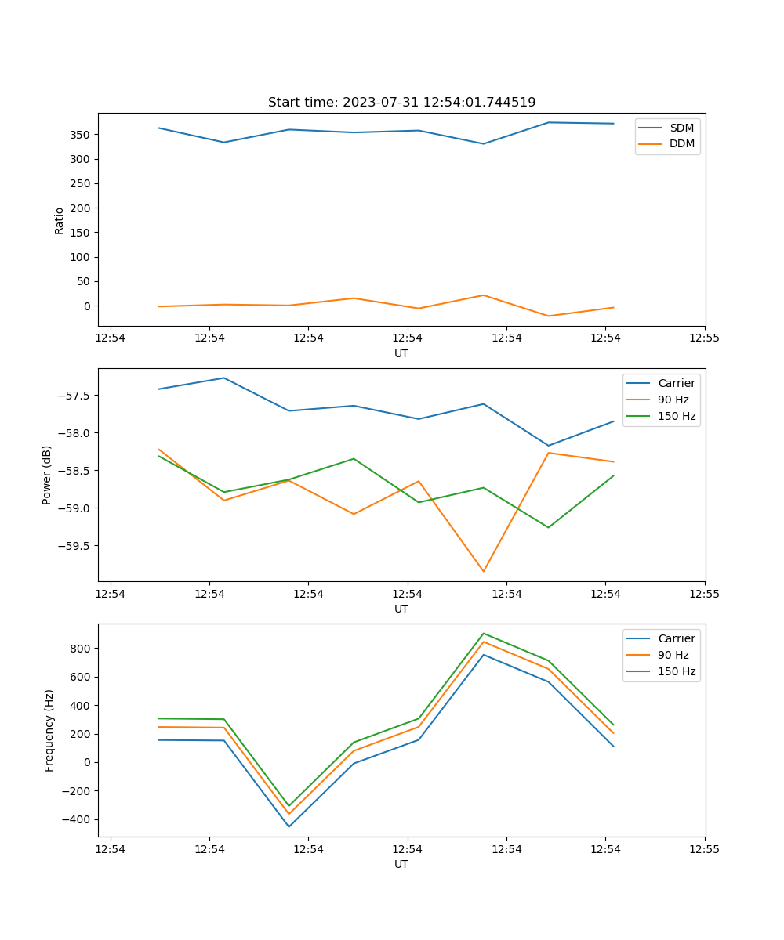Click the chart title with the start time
(x=401, y=103)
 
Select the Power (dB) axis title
(x=48, y=475)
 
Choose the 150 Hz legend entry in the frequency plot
(x=677, y=671)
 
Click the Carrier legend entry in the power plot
(x=677, y=383)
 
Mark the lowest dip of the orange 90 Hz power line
(x=483, y=571)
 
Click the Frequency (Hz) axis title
(x=49, y=730)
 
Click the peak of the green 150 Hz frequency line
(x=483, y=633)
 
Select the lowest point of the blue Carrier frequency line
(x=289, y=826)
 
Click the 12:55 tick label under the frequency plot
(x=705, y=849)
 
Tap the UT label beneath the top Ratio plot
(x=401, y=353)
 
